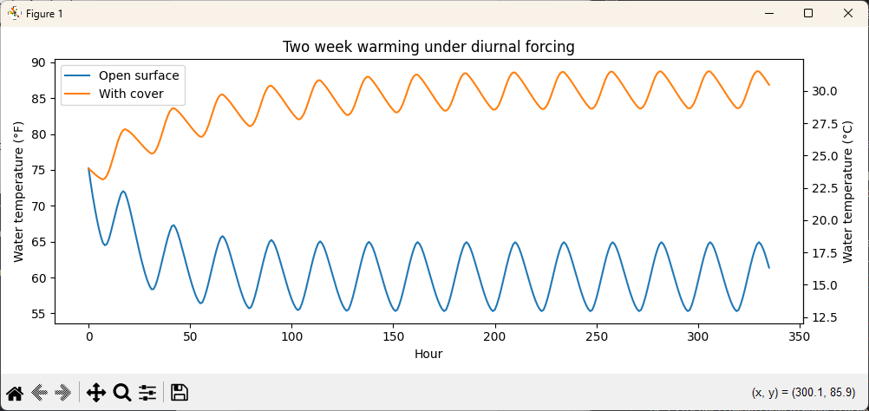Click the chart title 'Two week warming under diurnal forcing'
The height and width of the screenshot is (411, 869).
click(428, 47)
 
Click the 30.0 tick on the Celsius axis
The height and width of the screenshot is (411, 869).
click(825, 91)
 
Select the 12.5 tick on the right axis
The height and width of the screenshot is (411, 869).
click(825, 318)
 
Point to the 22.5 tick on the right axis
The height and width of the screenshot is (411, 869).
click(825, 188)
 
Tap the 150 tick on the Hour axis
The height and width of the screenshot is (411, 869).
click(393, 336)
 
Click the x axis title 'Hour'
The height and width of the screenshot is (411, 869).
click(428, 353)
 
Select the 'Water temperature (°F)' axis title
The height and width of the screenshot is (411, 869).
click(19, 192)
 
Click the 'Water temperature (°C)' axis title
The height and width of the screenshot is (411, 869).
click(847, 192)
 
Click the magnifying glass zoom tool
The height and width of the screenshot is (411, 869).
click(122, 393)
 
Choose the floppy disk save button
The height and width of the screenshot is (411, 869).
click(180, 393)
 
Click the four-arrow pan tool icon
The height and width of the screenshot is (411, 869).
click(96, 393)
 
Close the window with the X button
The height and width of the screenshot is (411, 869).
click(847, 13)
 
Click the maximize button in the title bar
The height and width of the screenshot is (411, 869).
click(807, 13)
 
